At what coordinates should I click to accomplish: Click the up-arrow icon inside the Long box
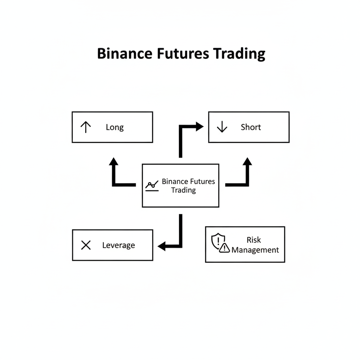(86, 127)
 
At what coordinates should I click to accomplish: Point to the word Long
(115, 127)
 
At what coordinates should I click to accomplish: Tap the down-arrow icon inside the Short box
(222, 127)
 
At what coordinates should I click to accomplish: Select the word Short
(251, 127)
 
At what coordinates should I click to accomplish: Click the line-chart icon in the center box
(152, 186)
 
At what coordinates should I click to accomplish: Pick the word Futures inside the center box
(202, 182)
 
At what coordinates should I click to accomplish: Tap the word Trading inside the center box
(183, 190)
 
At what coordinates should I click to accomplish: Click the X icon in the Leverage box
(86, 245)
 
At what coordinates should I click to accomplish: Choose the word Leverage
(118, 245)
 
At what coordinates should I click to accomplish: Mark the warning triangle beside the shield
(224, 248)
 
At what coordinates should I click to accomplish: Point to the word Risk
(253, 240)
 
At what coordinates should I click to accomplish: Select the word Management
(255, 250)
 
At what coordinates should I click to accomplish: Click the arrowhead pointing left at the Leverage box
(162, 246)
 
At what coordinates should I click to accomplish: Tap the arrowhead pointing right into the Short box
(199, 127)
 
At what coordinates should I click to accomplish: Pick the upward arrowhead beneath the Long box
(113, 161)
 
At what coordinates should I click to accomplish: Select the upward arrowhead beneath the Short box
(247, 161)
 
